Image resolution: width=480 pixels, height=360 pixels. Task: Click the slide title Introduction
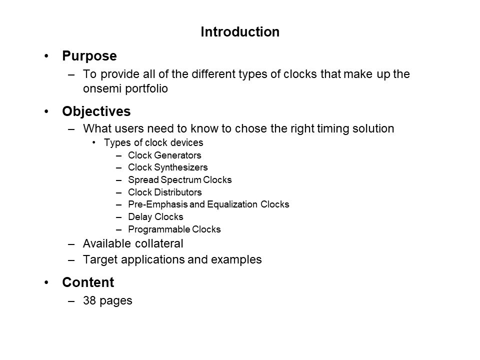tap(239, 32)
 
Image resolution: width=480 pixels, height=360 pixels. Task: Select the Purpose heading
tap(89, 55)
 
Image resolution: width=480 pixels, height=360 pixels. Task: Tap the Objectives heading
tap(96, 110)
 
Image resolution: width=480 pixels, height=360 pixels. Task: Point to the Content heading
tap(88, 282)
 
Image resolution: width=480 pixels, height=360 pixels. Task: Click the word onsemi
tap(102, 89)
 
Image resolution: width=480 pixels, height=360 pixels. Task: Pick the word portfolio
tap(148, 89)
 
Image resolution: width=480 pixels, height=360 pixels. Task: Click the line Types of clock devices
tap(153, 142)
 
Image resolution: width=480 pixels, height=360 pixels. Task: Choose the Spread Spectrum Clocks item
tap(179, 179)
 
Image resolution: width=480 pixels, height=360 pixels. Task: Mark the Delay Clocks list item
tap(155, 217)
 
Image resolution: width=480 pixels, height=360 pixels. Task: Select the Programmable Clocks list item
tap(174, 229)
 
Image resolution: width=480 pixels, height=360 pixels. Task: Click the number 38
tap(89, 301)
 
